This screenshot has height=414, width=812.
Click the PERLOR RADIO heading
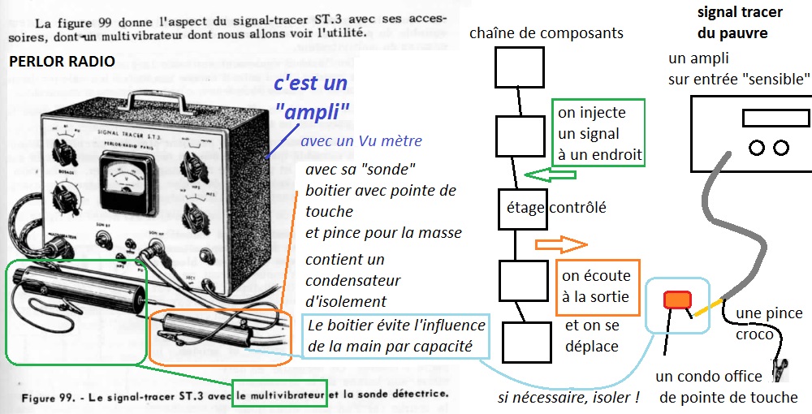coord(62,62)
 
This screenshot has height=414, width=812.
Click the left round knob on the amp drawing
coord(757,148)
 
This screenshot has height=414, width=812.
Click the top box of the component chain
coord(518,67)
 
